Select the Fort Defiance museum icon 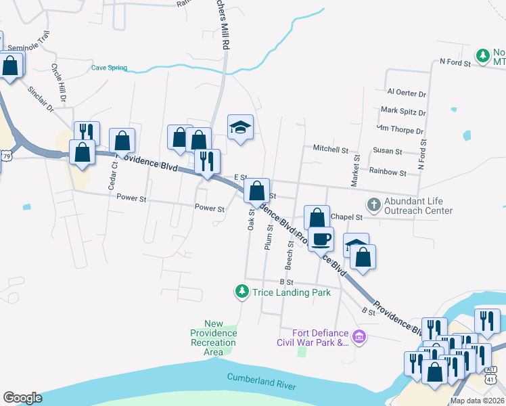point(359,336)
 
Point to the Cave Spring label point(109,68)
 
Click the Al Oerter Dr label point(406,93)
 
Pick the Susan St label point(387,152)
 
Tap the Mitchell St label point(330,148)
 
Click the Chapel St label point(349,217)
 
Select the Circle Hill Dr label point(58,83)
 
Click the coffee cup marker point(321,238)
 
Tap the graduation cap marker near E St point(239,127)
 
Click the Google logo point(22,398)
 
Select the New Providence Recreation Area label point(213,338)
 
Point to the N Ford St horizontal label point(454,62)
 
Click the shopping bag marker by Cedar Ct point(122,141)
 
